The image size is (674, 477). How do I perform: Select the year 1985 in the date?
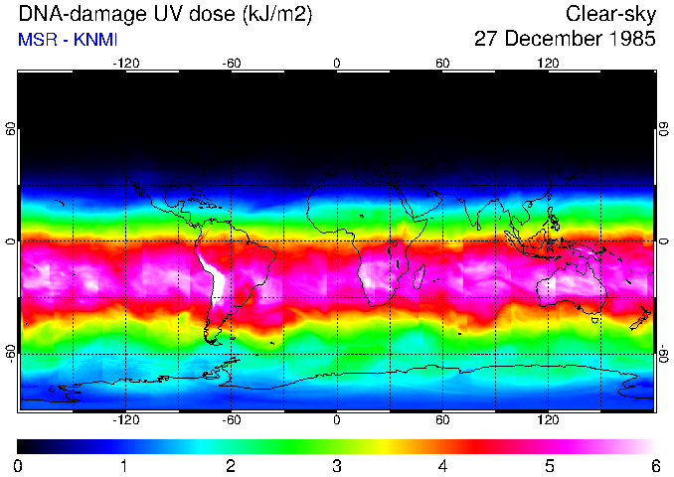[629, 40]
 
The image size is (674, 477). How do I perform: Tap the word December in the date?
[551, 40]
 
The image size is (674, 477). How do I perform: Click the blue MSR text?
[36, 40]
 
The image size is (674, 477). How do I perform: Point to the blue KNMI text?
[97, 40]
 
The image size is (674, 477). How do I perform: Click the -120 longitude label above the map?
[125, 63]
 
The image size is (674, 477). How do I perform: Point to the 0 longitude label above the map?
[337, 63]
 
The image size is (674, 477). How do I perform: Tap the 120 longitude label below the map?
[548, 419]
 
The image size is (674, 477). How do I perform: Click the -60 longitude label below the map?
[231, 419]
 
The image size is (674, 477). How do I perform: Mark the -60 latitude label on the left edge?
[10, 353]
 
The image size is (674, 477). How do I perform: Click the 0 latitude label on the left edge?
[10, 241]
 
